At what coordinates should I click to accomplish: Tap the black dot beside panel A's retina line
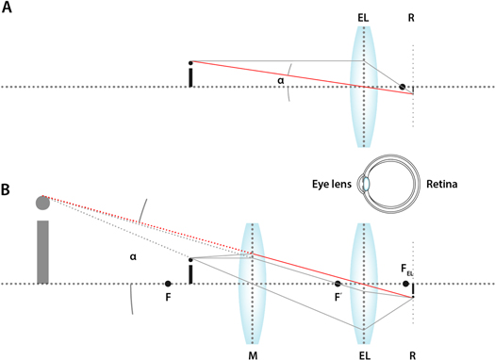[x=403, y=87]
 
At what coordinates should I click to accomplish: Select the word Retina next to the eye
[x=441, y=185]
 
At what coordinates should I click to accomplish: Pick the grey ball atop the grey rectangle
[x=42, y=202]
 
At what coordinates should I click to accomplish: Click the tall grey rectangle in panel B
[x=42, y=251]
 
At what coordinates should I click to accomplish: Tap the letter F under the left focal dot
[x=168, y=298]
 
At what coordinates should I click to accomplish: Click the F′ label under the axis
[x=338, y=298]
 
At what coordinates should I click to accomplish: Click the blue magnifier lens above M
[x=252, y=283]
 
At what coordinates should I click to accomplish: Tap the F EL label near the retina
[x=408, y=271]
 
